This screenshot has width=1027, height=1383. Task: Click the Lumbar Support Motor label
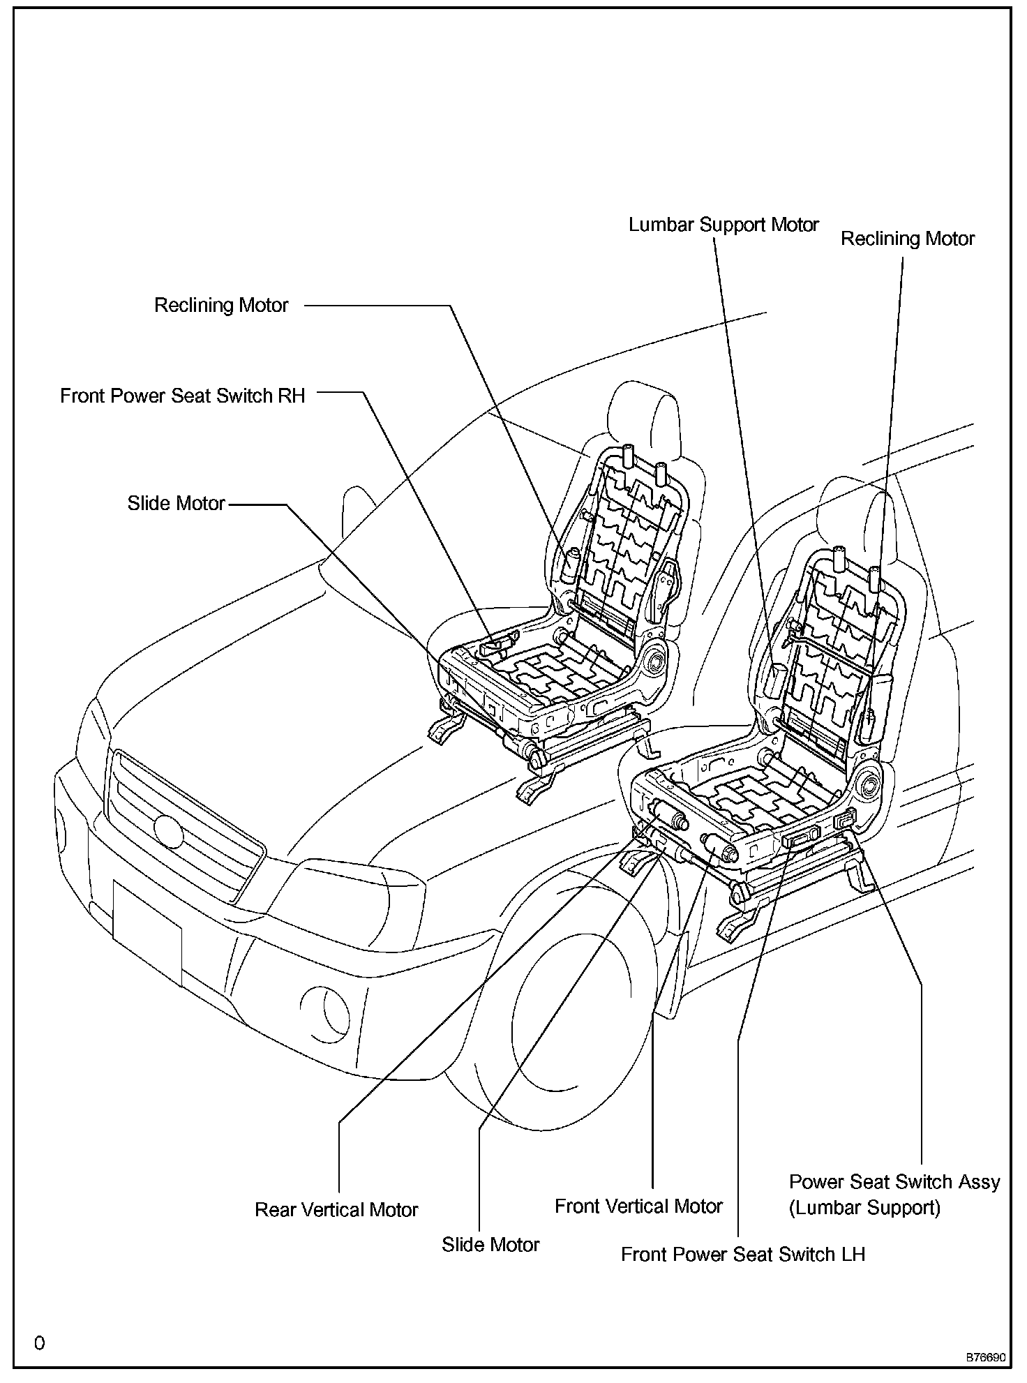click(x=724, y=225)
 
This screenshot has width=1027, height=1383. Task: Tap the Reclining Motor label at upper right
click(x=907, y=239)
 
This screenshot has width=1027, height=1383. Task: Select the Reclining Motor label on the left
click(x=221, y=306)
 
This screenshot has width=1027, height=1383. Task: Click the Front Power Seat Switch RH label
click(x=183, y=396)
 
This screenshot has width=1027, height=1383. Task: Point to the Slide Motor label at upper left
click(x=176, y=503)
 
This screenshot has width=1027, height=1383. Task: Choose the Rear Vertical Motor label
click(x=336, y=1210)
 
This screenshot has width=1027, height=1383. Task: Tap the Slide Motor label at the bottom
click(x=490, y=1245)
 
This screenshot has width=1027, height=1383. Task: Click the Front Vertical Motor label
click(x=638, y=1206)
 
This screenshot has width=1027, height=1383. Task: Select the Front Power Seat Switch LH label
click(x=743, y=1255)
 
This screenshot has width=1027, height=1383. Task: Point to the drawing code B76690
click(x=985, y=1358)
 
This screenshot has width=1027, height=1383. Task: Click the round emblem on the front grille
click(x=167, y=830)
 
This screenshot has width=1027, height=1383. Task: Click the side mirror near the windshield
click(x=358, y=516)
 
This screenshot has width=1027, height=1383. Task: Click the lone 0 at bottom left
click(x=40, y=1343)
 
